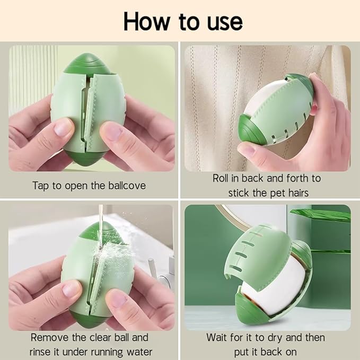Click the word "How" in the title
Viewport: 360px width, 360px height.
click(x=146, y=22)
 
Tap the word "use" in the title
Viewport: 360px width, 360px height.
click(x=225, y=23)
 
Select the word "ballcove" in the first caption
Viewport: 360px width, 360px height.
click(x=127, y=186)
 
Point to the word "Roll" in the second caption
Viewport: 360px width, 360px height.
click(x=221, y=178)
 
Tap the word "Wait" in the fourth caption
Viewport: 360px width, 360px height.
click(x=216, y=338)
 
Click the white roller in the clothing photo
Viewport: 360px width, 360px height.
click(x=262, y=96)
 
